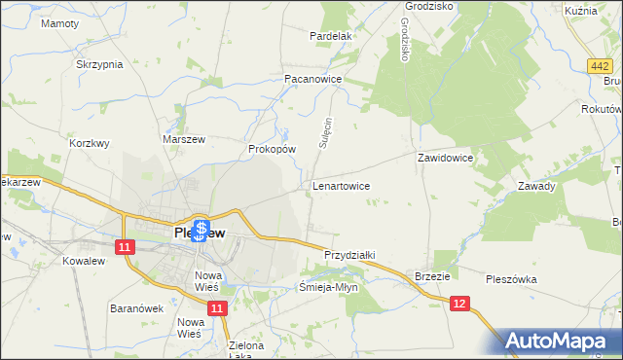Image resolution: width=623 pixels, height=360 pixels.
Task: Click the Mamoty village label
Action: point(60,22)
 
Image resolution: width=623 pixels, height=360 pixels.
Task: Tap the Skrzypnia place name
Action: point(99,64)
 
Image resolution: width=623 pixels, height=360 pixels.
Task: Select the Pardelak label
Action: point(330,36)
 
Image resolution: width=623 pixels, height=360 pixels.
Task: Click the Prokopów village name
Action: point(272,150)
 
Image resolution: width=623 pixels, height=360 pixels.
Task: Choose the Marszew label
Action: point(181,140)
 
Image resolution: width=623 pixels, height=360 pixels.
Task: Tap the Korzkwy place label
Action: point(90,143)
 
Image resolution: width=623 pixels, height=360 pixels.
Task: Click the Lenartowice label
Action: point(340,184)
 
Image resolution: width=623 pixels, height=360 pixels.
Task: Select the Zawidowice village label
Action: point(445,157)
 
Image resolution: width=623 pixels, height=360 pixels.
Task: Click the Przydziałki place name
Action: point(349,254)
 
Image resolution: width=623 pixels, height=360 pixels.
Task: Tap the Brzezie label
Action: point(432,276)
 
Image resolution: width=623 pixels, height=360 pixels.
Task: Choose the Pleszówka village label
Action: point(511,279)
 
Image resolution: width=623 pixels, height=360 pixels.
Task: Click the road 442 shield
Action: point(601,65)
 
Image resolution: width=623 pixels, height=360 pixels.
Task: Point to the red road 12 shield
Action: point(461,305)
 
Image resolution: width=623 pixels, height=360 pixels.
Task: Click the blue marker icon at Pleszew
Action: point(201,232)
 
